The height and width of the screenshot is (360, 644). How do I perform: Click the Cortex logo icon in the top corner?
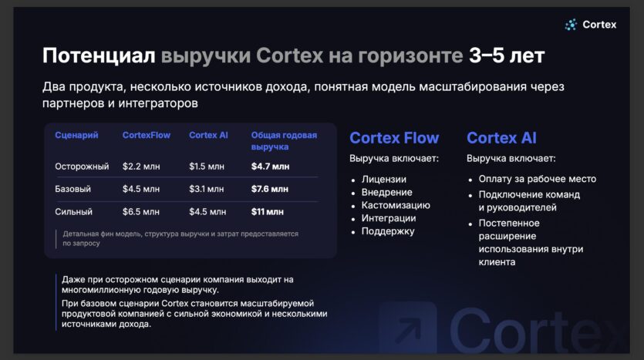(x=571, y=25)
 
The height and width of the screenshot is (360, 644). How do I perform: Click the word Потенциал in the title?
(x=99, y=56)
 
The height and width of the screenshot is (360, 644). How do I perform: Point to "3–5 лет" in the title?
(x=507, y=56)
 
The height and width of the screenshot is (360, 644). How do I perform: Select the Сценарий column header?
(x=76, y=135)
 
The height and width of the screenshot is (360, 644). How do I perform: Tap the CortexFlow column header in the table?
(x=147, y=135)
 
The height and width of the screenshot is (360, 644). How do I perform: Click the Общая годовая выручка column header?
(x=284, y=141)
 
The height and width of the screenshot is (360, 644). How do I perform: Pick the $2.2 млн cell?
(x=141, y=167)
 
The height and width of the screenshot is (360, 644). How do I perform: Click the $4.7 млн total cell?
(x=270, y=167)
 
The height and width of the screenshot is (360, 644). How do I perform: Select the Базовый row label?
(x=72, y=189)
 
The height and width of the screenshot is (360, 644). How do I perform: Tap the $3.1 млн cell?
(x=207, y=189)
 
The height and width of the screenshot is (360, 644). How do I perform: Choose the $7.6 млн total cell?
(x=270, y=189)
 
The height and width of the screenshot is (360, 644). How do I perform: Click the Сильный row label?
(x=73, y=212)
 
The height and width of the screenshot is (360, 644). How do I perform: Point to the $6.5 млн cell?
(x=141, y=212)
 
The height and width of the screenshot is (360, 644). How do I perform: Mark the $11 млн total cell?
(x=268, y=212)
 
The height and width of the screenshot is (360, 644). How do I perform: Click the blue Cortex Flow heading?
(x=394, y=138)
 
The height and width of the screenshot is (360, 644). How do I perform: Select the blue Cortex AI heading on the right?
(x=501, y=138)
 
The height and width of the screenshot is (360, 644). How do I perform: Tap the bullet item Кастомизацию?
(x=396, y=205)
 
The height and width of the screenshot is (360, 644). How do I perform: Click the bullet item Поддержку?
(x=388, y=231)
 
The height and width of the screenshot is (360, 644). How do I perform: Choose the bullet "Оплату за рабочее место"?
(x=538, y=179)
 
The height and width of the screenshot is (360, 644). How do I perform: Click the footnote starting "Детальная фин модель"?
(x=180, y=238)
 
